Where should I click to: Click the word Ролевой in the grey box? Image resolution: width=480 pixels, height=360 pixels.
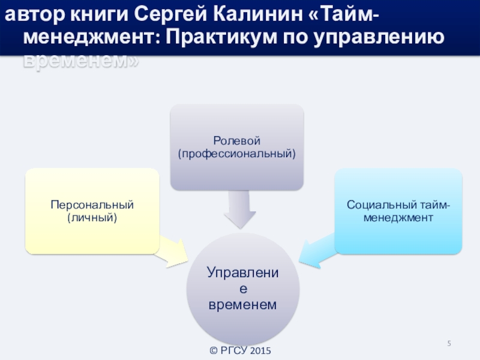(237, 142)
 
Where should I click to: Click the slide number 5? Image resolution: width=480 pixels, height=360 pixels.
(449, 343)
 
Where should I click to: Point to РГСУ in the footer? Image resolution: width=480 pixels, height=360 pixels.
(234, 350)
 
